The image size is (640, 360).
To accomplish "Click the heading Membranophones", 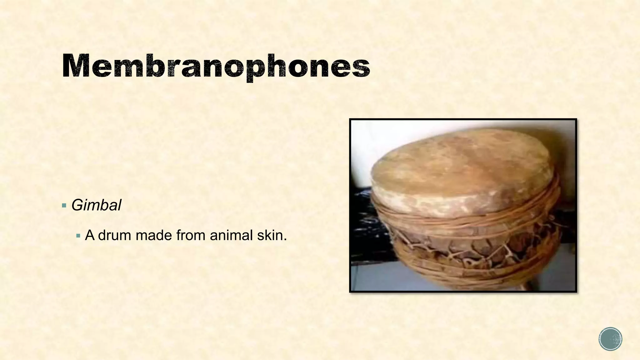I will click(216, 66).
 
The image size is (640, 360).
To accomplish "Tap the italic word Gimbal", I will click(96, 206).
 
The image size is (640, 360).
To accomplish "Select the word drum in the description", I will click(114, 235).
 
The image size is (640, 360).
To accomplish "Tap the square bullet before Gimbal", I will click(64, 206).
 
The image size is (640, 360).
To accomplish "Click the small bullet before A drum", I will click(78, 235).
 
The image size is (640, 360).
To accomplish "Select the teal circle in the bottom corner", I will click(610, 339).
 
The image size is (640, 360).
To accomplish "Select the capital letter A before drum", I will click(90, 235).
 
